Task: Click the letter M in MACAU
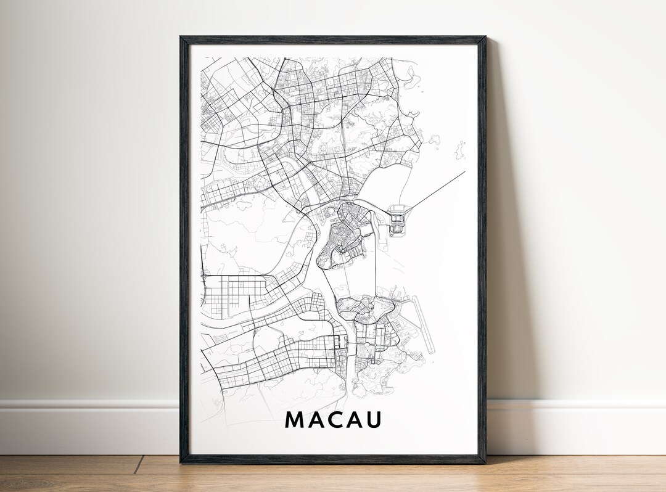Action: pyautogui.click(x=294, y=419)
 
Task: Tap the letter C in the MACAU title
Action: pyautogui.click(x=334, y=419)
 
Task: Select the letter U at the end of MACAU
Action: pyautogui.click(x=373, y=419)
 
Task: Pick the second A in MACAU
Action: pyautogui.click(x=353, y=419)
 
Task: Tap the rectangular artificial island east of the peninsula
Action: pyautogui.click(x=398, y=218)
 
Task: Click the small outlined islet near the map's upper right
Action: pyautogui.click(x=459, y=150)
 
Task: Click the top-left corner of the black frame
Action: pyautogui.click(x=182, y=38)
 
